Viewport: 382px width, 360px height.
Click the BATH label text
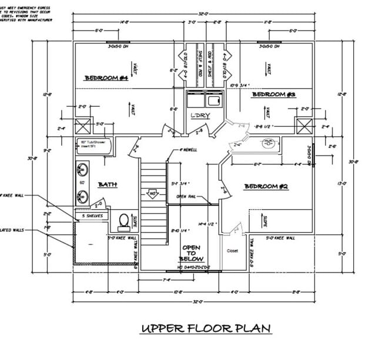(108, 184)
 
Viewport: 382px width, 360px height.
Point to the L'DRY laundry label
(201, 115)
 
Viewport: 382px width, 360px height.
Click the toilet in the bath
(124, 220)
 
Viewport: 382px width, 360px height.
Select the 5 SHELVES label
(92, 216)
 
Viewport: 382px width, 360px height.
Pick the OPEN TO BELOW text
(192, 253)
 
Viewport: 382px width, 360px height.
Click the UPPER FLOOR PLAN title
(206, 328)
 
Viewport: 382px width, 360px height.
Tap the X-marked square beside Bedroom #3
(304, 126)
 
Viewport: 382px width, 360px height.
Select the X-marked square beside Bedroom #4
(83, 126)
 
